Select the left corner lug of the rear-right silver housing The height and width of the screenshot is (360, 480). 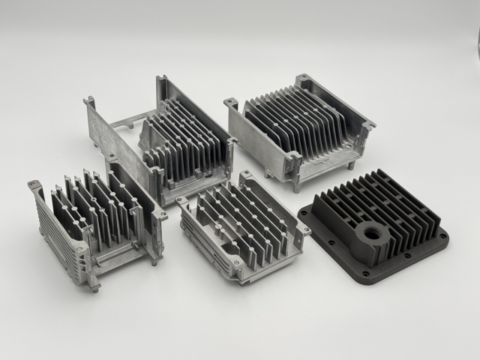coord(230,103)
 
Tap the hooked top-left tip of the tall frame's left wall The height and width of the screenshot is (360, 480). coord(89,100)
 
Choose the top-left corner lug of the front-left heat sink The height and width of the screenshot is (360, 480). coord(34,185)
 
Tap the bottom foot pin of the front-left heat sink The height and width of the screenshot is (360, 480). coord(94,286)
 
